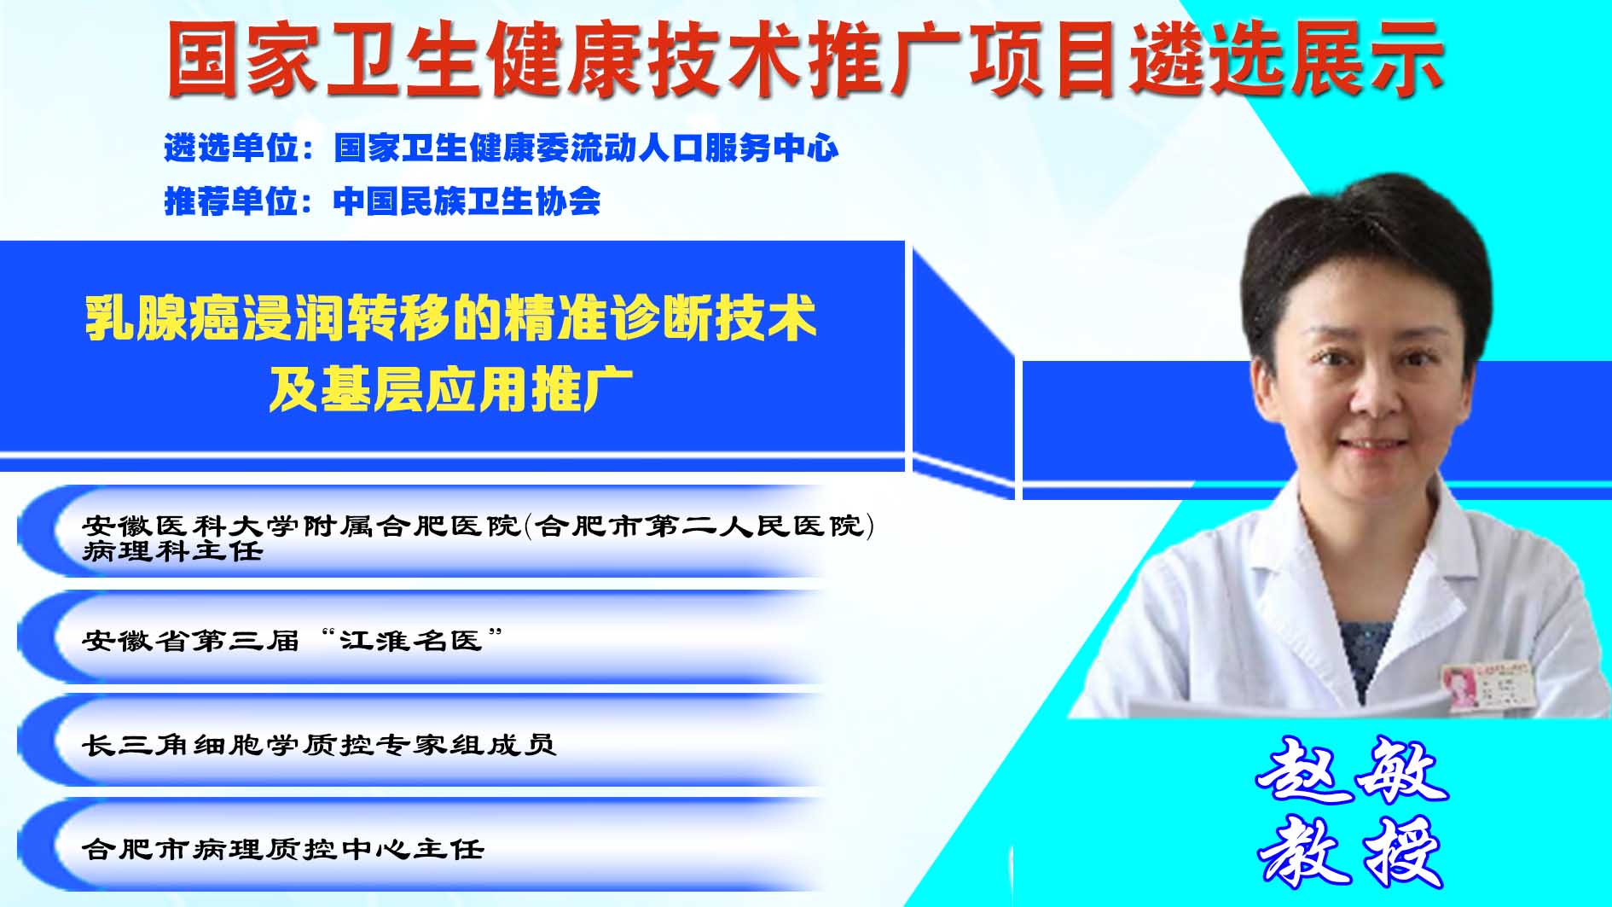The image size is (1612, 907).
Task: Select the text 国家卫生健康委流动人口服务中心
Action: click(586, 148)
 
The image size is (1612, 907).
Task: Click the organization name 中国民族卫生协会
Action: click(467, 201)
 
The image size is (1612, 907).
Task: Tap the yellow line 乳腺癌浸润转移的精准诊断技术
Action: click(451, 318)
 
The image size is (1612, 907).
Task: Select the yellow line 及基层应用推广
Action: click(451, 389)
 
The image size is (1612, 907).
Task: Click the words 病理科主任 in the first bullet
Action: click(172, 551)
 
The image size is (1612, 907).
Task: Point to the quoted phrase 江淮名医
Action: click(411, 639)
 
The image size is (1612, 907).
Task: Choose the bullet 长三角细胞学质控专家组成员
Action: click(319, 745)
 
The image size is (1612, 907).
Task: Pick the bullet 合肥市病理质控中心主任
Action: click(283, 849)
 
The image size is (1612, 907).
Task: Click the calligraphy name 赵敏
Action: click(1351, 770)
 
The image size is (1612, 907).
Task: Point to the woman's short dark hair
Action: click(1365, 247)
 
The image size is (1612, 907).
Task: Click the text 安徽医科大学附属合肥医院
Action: click(300, 526)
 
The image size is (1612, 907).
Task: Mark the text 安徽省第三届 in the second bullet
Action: click(190, 639)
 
